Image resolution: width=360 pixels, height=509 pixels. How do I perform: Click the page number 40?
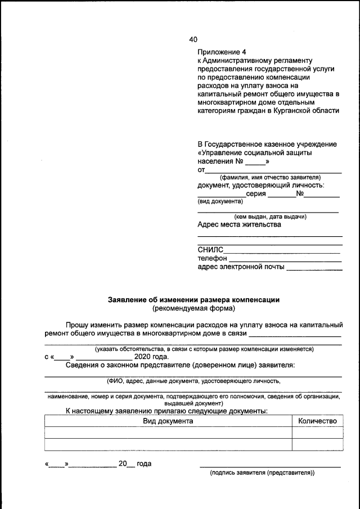193,39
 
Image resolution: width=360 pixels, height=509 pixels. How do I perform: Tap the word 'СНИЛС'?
210,250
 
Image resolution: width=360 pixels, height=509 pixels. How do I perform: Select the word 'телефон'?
212,258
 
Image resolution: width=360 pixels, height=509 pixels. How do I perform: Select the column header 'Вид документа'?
168,421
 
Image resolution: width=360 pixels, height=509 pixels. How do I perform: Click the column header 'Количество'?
317,421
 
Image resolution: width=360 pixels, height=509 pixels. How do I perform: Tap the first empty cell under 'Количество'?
317,433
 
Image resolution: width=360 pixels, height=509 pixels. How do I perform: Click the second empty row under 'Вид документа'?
168,444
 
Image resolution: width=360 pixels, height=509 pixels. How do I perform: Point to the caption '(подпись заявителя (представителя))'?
262,473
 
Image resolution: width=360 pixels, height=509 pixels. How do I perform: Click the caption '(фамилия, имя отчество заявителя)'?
269,177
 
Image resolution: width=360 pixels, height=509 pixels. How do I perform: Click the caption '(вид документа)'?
216,201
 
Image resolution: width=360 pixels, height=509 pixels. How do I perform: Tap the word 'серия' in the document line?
256,193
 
